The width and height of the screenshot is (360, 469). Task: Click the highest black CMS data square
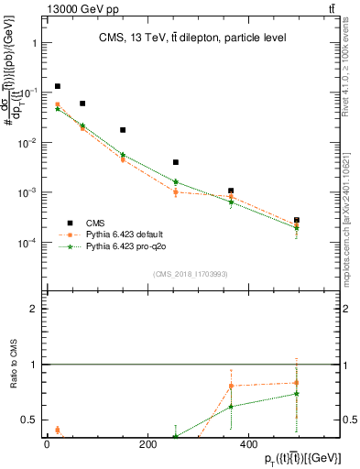tap(58, 86)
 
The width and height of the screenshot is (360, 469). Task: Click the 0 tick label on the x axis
tap(47, 444)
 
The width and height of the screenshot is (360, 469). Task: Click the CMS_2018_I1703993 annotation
tap(190, 274)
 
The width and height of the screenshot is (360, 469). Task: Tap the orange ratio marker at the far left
tap(58, 430)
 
